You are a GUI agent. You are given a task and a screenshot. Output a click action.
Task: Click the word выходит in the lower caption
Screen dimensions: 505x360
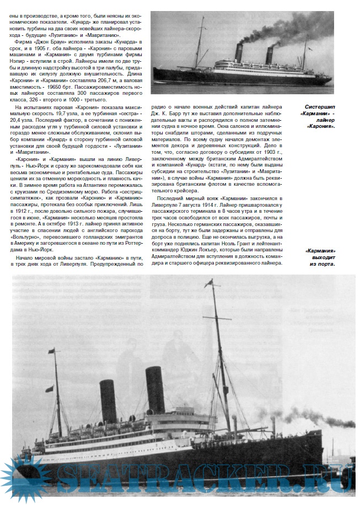tap(322, 257)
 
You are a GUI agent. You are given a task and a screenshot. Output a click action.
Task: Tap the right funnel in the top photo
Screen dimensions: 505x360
tap(270, 56)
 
